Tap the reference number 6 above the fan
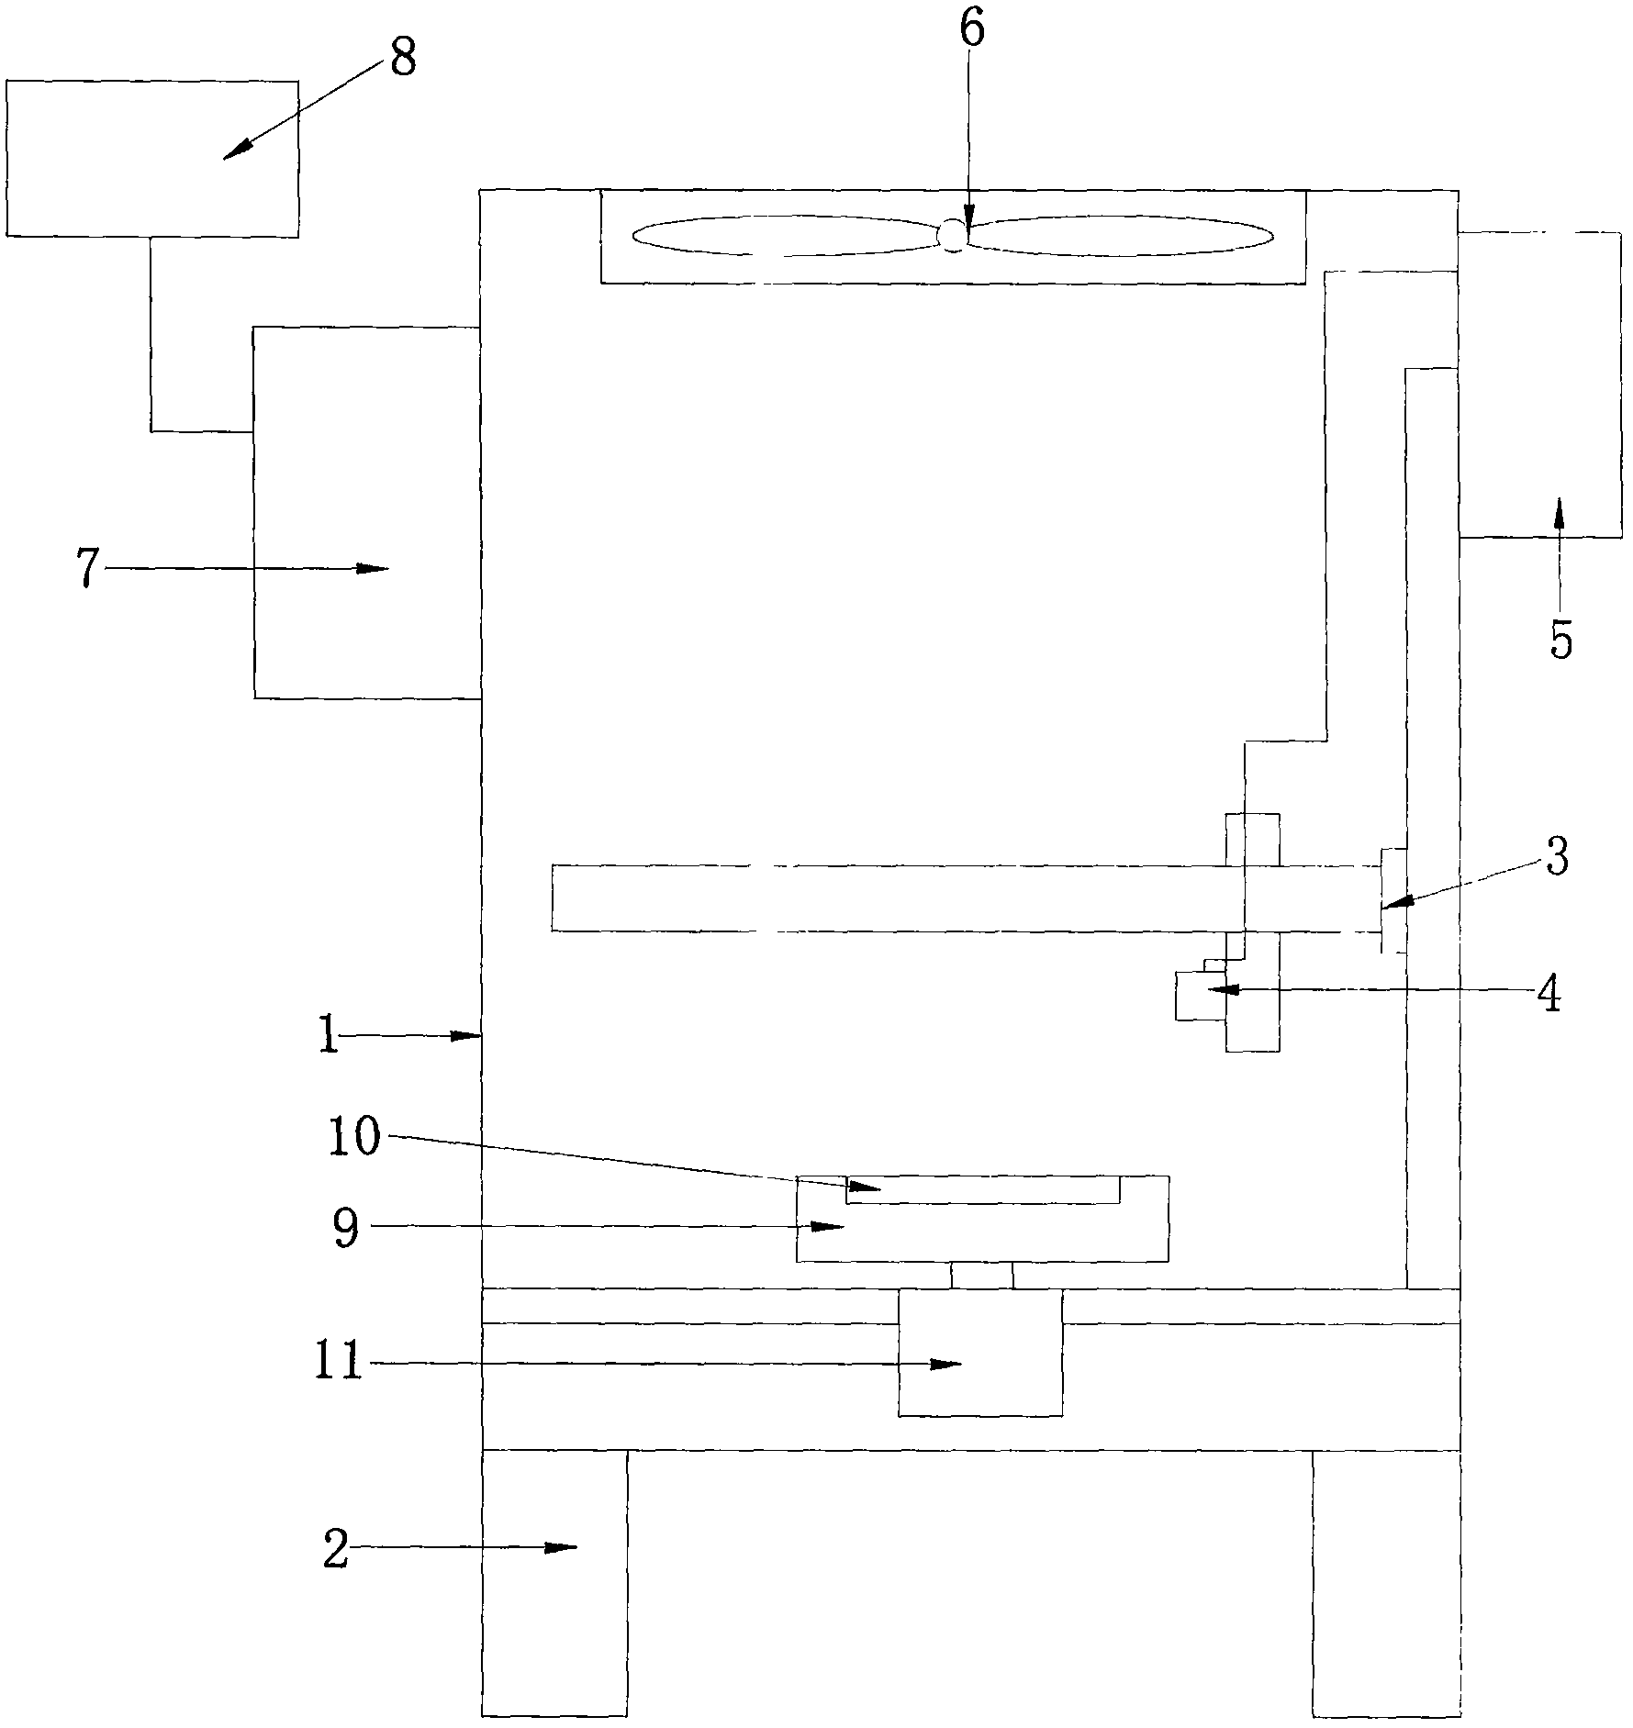tap(971, 29)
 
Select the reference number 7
tap(86, 569)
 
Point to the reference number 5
tap(1561, 640)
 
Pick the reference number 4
tap(1549, 994)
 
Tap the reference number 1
tap(328, 1037)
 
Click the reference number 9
tap(345, 1228)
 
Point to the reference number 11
tap(338, 1365)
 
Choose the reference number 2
tap(336, 1548)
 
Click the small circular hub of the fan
tap(952, 236)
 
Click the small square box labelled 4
tap(1200, 996)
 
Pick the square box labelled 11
tap(980, 1352)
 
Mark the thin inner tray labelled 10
tap(982, 1189)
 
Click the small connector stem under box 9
tap(982, 1275)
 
